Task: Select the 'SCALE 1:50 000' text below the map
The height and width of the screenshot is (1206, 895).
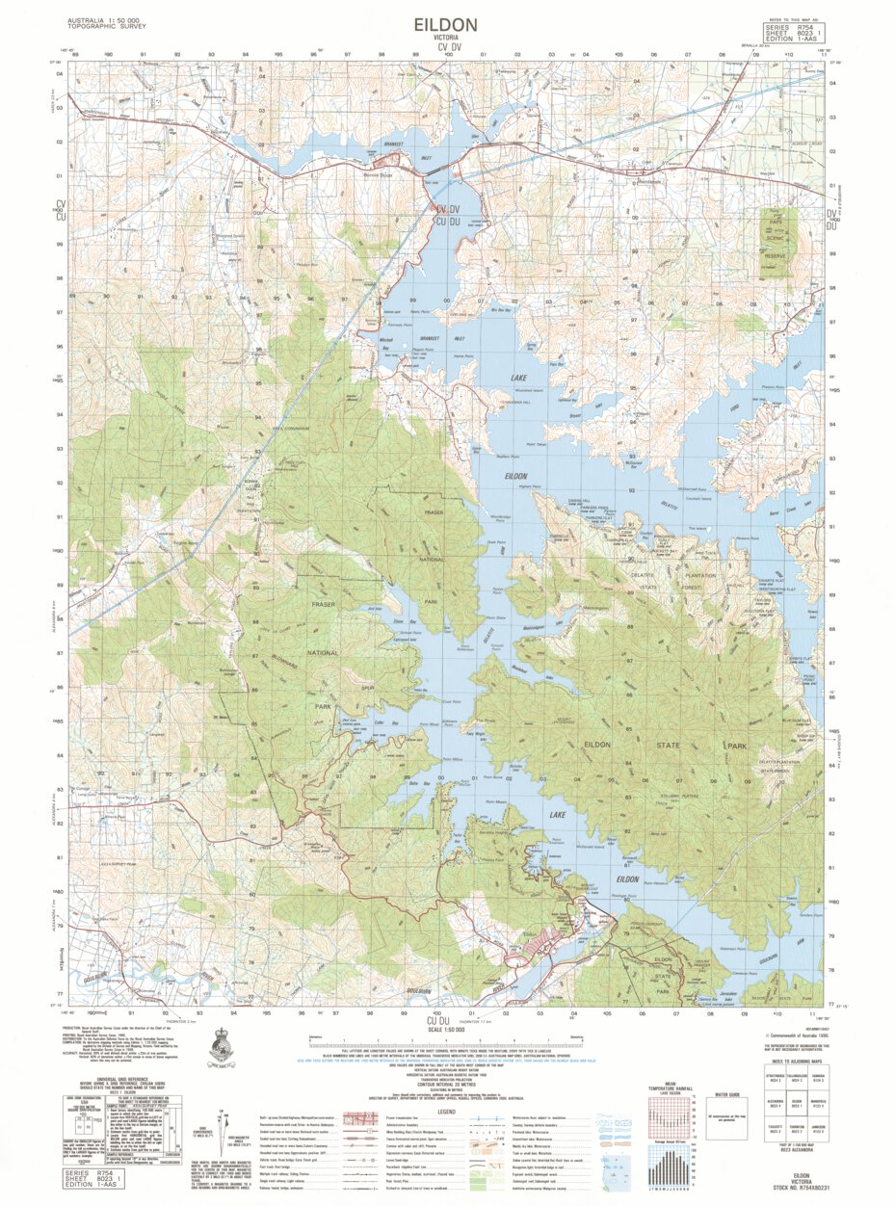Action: (x=447, y=1030)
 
